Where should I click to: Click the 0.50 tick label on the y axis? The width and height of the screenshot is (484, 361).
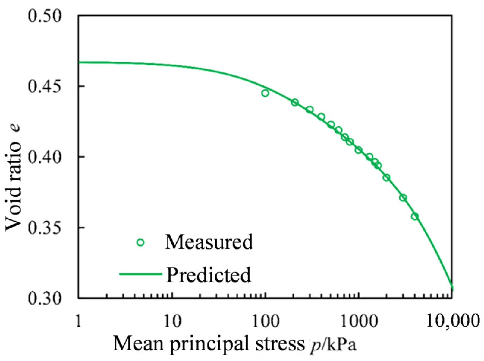pyautogui.click(x=45, y=16)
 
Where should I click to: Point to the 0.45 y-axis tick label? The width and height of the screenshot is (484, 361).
pyautogui.click(x=45, y=86)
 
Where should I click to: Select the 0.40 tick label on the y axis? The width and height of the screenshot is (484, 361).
pyautogui.click(x=45, y=157)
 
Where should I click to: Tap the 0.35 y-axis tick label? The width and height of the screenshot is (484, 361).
pyautogui.click(x=45, y=228)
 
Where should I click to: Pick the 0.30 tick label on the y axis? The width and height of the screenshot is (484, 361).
pyautogui.click(x=45, y=298)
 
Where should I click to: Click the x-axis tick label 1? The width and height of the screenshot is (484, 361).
pyautogui.click(x=78, y=321)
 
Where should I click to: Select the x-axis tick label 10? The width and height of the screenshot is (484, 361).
pyautogui.click(x=172, y=321)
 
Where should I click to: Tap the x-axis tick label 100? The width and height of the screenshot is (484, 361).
pyautogui.click(x=265, y=321)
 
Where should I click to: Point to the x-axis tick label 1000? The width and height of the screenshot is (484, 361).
pyautogui.click(x=358, y=321)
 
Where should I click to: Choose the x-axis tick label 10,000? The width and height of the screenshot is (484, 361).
pyautogui.click(x=452, y=321)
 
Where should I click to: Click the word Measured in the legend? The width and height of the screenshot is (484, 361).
pyautogui.click(x=209, y=242)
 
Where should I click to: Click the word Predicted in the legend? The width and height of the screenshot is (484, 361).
pyautogui.click(x=209, y=275)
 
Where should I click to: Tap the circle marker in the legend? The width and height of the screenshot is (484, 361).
pyautogui.click(x=140, y=242)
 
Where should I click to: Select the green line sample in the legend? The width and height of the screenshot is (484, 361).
pyautogui.click(x=140, y=274)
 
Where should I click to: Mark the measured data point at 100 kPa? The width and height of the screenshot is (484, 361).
pyautogui.click(x=265, y=93)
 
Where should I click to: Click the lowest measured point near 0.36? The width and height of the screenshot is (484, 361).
pyautogui.click(x=415, y=216)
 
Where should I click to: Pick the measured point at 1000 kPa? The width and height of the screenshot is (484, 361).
pyautogui.click(x=358, y=150)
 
